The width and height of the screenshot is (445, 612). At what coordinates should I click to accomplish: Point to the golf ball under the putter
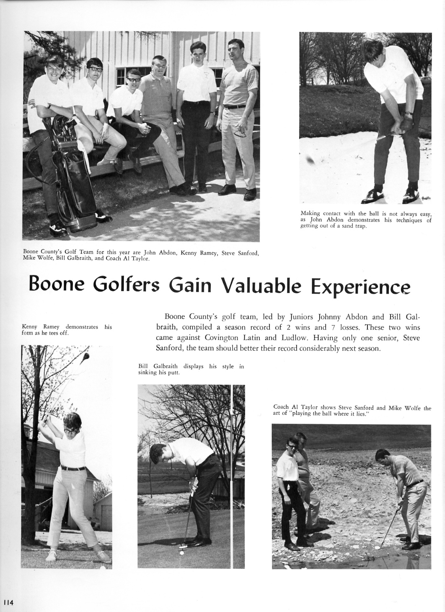tap(181, 553)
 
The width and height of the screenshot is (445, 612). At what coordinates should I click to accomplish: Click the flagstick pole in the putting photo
tap(232, 473)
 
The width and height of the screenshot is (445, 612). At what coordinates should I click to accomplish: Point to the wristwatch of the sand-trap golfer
tap(409, 113)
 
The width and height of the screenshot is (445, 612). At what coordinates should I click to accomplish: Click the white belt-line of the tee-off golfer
tap(73, 468)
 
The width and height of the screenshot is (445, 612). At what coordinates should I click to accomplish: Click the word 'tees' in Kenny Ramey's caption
tap(52, 333)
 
